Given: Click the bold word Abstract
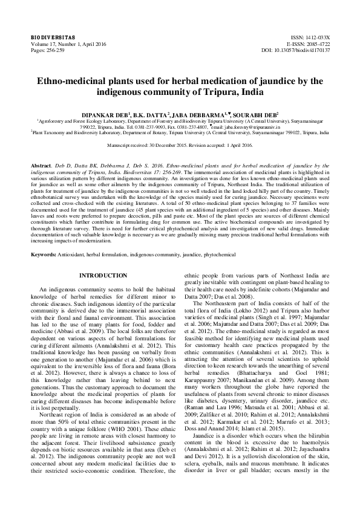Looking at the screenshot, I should point(41,164).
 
